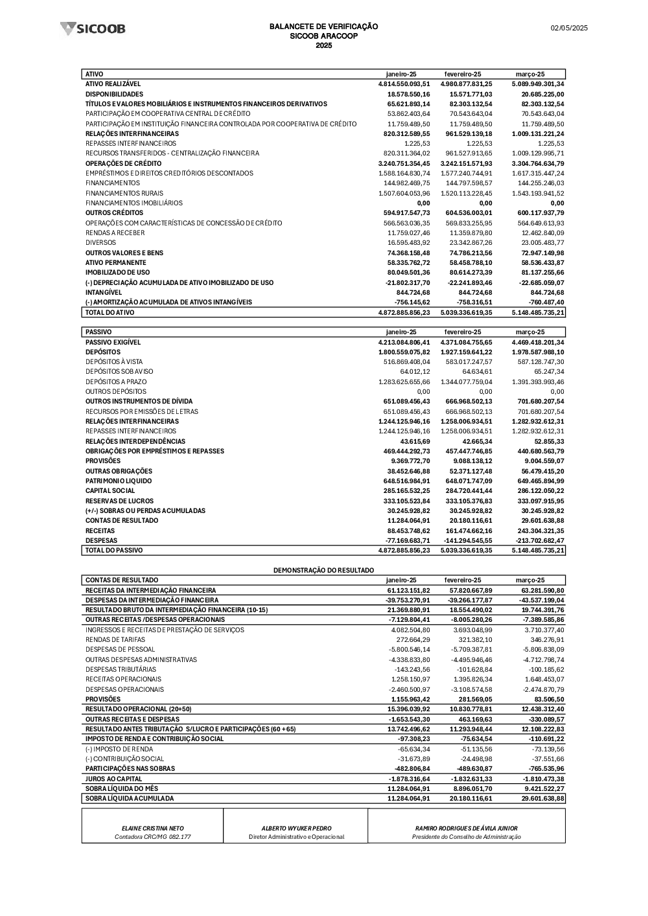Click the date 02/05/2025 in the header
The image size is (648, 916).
(569, 28)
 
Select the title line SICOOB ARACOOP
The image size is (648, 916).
(323, 36)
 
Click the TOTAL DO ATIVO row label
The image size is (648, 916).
(110, 312)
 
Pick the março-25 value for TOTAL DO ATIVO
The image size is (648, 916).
(537, 312)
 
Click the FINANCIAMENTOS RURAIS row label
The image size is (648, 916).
(124, 193)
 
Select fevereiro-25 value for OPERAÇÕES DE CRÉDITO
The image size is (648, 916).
(466, 163)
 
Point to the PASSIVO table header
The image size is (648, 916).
(98, 332)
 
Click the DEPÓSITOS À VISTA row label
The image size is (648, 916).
(114, 361)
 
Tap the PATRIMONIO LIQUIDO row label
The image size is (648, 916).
(119, 481)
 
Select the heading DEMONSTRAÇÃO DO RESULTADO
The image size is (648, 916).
(323, 570)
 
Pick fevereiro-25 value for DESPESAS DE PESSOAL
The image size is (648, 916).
(468, 649)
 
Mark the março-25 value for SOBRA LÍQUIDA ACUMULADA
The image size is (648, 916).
(539, 798)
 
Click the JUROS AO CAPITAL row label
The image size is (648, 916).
(114, 779)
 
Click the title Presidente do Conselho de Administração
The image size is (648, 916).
(467, 837)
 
